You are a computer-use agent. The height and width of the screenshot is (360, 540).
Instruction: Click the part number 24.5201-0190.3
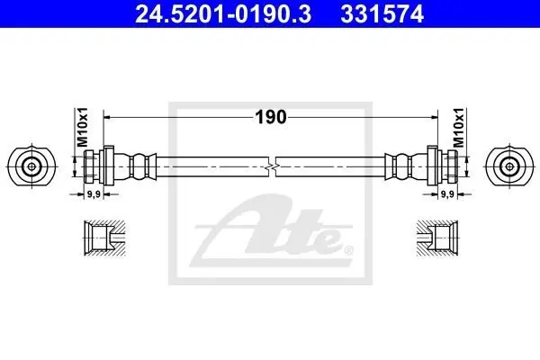pyautogui.click(x=223, y=14)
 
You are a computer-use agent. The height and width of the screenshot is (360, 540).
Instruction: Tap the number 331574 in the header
pyautogui.click(x=382, y=14)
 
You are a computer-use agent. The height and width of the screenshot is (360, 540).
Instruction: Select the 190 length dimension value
pyautogui.click(x=271, y=117)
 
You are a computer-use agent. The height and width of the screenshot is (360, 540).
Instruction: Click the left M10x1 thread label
pyautogui.click(x=83, y=127)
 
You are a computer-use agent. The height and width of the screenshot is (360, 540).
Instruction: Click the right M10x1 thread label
pyautogui.click(x=458, y=127)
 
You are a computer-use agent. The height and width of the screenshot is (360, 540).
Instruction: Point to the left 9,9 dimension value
pyautogui.click(x=94, y=194)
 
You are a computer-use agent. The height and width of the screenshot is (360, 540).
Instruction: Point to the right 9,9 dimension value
pyautogui.click(x=447, y=194)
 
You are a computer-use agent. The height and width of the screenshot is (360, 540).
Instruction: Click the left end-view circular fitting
pyautogui.click(x=31, y=166)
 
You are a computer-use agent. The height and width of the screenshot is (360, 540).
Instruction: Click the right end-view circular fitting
pyautogui.click(x=509, y=166)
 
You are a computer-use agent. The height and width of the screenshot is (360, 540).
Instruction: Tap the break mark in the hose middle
pyautogui.click(x=272, y=166)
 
